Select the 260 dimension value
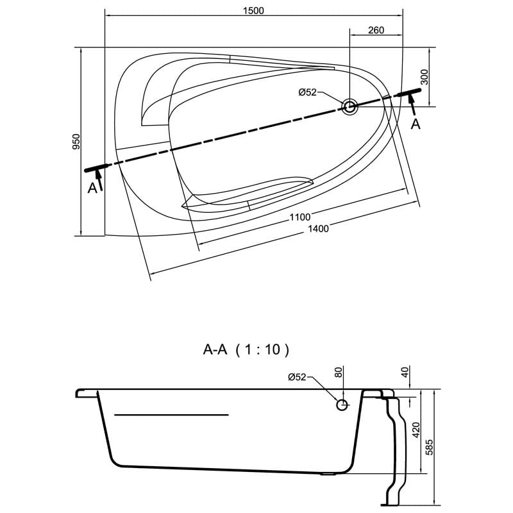376,31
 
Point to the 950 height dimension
76,142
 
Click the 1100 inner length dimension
300,217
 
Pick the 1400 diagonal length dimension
318,229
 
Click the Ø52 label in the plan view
308,92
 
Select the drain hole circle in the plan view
349,106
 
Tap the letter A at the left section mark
92,187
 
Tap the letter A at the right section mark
416,124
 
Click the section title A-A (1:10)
246,349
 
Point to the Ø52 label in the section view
296,377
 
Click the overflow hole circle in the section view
342,404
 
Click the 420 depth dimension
416,430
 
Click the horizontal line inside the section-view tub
171,416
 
